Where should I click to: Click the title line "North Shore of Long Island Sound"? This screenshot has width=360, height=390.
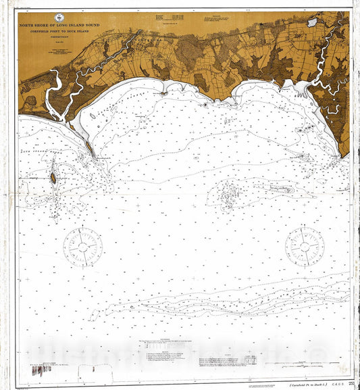[x=60, y=26]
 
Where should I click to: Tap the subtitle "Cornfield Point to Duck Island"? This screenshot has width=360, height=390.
[x=60, y=31]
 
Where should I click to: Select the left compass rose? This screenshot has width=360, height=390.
[x=83, y=247]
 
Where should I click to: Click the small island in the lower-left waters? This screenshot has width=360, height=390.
[x=53, y=178]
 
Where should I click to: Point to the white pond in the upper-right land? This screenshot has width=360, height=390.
[x=312, y=22]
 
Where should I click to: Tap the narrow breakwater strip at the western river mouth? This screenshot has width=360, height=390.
[x=88, y=145]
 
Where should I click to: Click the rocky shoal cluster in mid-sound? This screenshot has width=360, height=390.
[x=230, y=196]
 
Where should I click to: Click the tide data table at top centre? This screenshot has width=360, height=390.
[x=163, y=16]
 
